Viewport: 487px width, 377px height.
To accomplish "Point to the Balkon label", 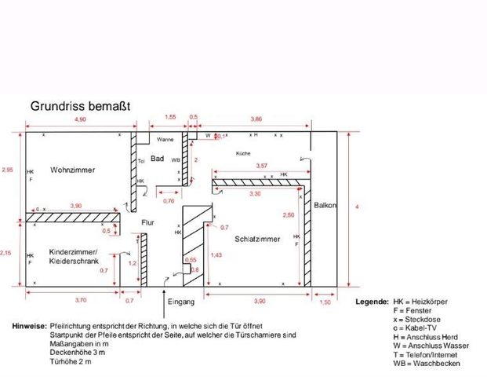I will coord(325,206).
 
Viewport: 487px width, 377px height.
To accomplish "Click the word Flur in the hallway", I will coord(147,222).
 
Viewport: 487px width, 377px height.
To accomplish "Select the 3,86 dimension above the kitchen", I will coord(256,118).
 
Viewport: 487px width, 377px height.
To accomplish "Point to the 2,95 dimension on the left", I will coord(8,170).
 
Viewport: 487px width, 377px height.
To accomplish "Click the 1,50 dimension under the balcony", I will coord(325,301).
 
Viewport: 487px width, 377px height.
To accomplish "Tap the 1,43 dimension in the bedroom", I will coord(216,255).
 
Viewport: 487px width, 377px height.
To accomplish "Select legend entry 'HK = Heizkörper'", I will coord(418,302).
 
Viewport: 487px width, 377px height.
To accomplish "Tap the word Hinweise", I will coord(28,325).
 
